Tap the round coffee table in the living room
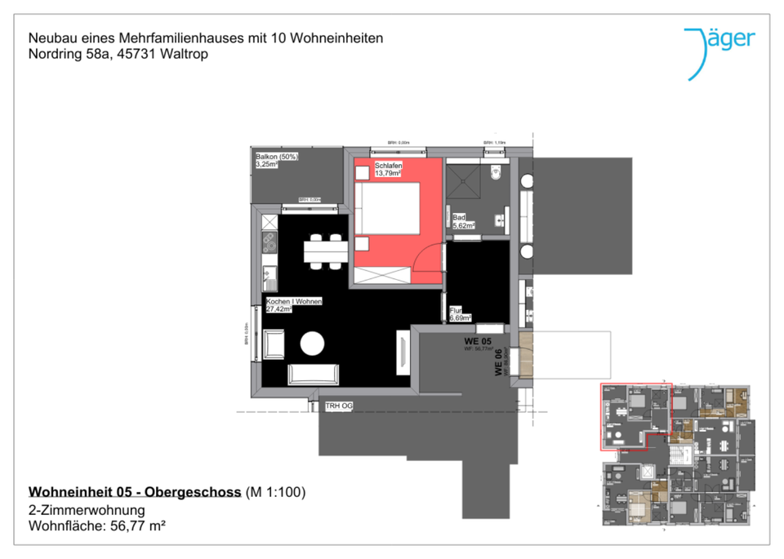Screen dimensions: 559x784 click(313, 344)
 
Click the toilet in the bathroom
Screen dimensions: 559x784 click(495, 175)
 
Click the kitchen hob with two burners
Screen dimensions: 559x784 click(268, 240)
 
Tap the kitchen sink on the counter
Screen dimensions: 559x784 click(269, 276)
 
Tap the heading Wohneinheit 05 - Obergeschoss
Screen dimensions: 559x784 click(135, 492)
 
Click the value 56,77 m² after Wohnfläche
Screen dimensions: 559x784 click(138, 526)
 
